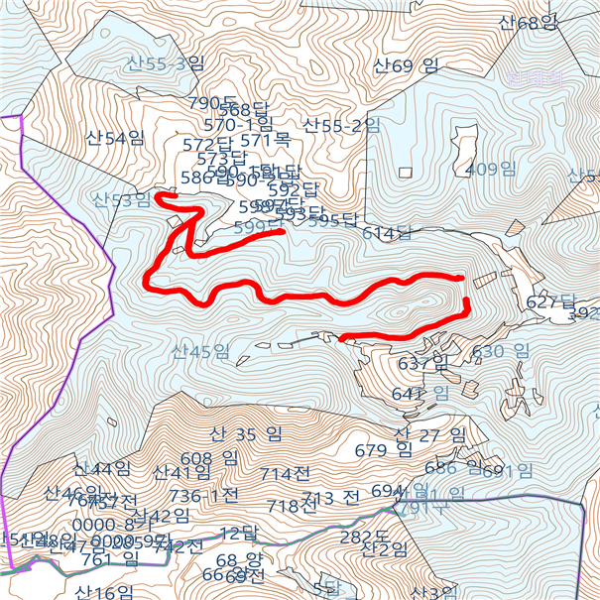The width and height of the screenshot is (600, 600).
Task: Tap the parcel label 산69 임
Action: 407,66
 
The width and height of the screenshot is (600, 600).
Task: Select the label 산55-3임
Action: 165,64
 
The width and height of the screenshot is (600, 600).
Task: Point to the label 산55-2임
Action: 341,125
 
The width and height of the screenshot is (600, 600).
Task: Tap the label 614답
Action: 387,233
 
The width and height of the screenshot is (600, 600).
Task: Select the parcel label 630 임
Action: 501,351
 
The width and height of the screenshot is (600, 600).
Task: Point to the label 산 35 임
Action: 246,433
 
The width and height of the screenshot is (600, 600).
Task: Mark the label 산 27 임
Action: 429,434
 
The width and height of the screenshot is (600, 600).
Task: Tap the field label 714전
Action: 284,474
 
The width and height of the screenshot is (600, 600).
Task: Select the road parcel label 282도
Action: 366,537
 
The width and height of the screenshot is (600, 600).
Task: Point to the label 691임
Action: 508,470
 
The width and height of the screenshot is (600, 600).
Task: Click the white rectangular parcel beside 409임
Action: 463,138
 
